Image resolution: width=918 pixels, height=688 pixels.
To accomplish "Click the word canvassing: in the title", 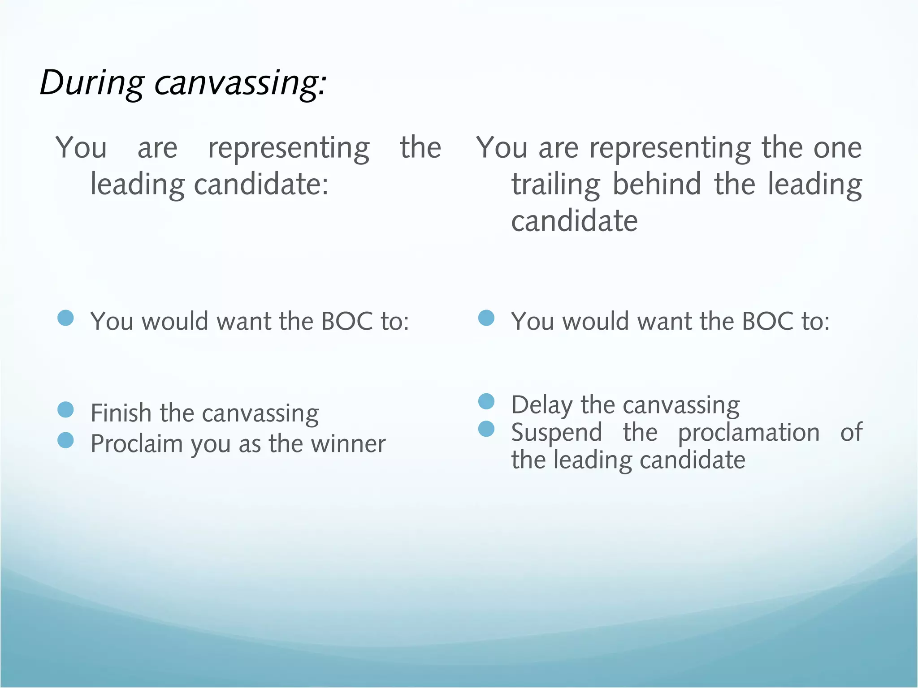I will click(241, 83).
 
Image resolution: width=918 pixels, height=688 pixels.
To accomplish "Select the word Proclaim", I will click(136, 444).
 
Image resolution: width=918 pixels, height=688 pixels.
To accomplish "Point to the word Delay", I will click(541, 405).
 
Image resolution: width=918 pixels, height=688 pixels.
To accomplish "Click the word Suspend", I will click(557, 433).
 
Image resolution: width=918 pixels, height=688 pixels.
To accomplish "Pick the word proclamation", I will click(749, 433).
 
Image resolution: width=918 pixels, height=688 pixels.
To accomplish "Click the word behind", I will click(657, 185).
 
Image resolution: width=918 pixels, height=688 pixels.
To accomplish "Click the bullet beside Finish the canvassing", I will click(66, 409).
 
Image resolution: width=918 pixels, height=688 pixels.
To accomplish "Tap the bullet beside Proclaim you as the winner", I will click(66, 440).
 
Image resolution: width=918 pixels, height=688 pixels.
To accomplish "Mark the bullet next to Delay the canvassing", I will click(486, 401).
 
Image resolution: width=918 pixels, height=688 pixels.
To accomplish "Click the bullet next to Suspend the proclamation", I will click(486, 429).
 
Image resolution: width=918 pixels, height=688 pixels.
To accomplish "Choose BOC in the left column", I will click(347, 322).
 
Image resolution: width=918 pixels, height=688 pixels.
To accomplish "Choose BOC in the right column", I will click(767, 322).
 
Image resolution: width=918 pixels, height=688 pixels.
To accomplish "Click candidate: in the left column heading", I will click(261, 185).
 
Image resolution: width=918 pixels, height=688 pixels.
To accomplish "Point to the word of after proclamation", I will click(851, 433).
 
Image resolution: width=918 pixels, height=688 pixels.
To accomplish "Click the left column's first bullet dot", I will click(66, 318).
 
